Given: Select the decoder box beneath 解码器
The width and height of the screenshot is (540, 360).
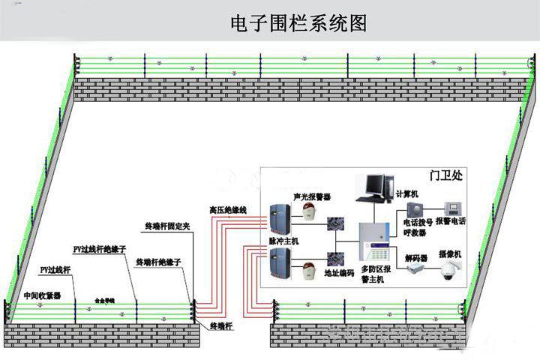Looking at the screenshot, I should point(415,272).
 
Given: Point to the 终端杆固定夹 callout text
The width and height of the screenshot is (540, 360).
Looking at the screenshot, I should point(167,226).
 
